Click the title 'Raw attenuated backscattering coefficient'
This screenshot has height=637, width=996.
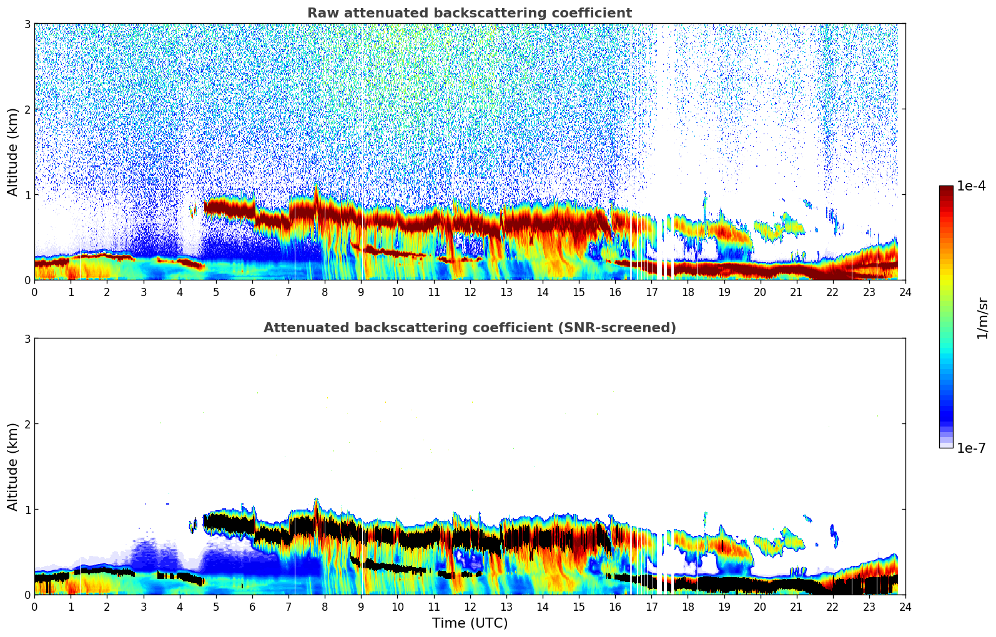(x=469, y=13)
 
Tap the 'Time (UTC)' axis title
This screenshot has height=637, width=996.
(x=470, y=623)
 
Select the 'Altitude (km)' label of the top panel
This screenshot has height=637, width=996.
(x=13, y=152)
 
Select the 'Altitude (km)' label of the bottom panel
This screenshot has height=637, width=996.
(x=13, y=467)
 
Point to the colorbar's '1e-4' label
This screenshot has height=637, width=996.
(x=971, y=186)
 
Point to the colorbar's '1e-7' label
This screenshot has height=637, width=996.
(x=971, y=448)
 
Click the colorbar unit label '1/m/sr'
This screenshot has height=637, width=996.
(x=982, y=318)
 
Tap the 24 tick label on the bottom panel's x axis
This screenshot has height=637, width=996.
(x=905, y=606)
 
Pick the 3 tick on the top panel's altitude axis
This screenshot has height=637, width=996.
(x=27, y=24)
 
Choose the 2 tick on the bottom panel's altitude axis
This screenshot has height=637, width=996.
(x=27, y=424)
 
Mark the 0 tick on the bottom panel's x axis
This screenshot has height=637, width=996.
(x=34, y=606)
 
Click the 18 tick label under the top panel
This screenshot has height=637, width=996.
(x=688, y=292)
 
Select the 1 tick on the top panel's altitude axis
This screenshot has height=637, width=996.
(x=27, y=195)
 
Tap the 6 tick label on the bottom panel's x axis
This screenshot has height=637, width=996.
(x=252, y=606)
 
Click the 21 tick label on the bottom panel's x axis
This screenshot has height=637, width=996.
(x=796, y=606)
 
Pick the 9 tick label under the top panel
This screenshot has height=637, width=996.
(x=361, y=292)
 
